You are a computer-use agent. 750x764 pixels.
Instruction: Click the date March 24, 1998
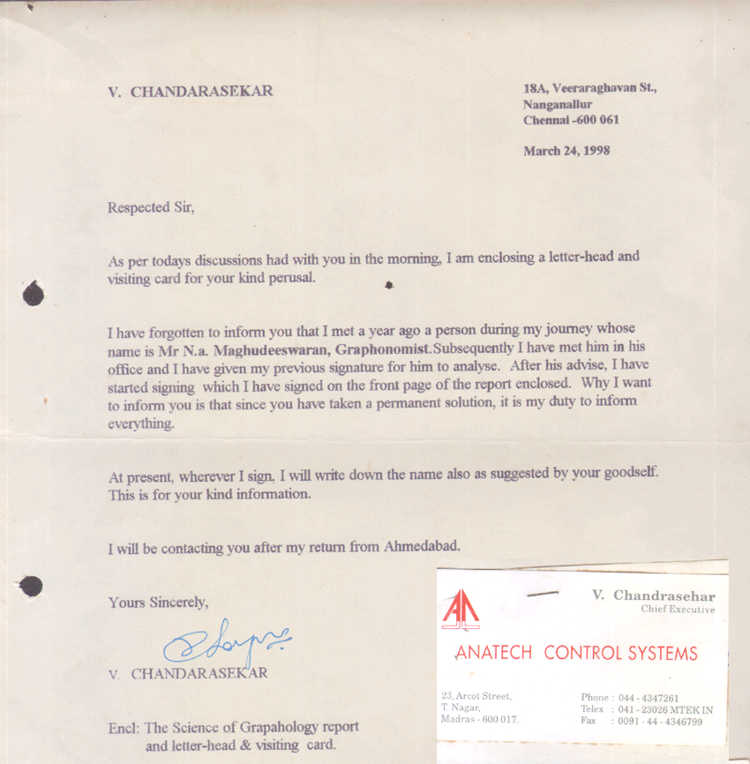point(566,151)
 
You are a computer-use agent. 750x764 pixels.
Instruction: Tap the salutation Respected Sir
point(150,208)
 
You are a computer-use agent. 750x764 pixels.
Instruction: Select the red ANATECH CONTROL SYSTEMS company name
point(575,654)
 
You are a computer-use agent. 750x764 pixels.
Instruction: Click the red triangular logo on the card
point(461,609)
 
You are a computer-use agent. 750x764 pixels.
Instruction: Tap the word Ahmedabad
point(422,546)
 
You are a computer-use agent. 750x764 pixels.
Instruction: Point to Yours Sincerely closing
point(158,603)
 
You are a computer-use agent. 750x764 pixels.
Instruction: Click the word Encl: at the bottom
point(124,728)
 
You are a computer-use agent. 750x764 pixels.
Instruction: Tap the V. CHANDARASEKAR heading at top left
point(190,91)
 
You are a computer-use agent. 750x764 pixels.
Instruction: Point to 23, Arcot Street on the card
point(476,696)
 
